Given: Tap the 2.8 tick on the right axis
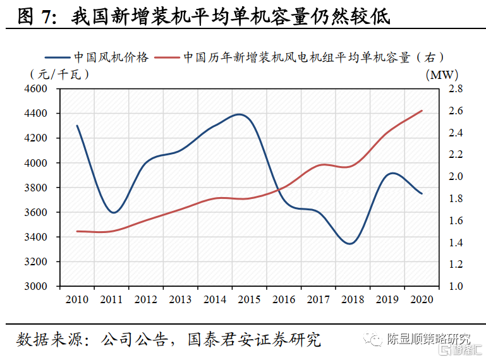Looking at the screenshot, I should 456,89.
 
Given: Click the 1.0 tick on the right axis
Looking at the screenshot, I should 456,286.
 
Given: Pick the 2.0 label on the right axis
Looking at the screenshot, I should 456,176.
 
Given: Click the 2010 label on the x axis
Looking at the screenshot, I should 78,299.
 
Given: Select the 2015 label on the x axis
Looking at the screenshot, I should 250,299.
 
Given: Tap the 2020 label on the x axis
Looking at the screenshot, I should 422,299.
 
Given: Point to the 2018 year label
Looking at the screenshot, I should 353,299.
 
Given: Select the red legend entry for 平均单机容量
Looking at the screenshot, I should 313,57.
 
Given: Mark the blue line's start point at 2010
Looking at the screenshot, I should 78,126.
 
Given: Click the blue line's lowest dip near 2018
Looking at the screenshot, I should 351,243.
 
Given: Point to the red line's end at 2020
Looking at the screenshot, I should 422,111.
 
